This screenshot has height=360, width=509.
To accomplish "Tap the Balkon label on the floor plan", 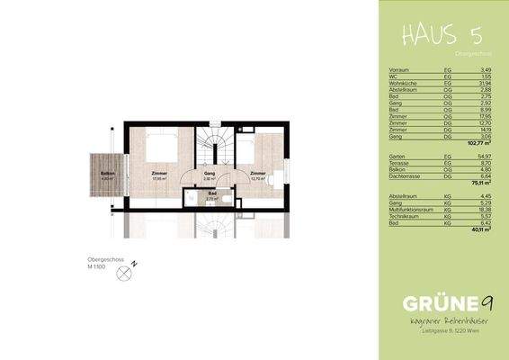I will tap(107, 174).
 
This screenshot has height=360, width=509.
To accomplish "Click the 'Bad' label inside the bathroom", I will tap(211, 192).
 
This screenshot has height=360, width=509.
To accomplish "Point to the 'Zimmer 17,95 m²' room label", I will tap(160, 175).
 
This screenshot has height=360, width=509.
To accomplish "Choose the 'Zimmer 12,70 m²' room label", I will tap(258, 174).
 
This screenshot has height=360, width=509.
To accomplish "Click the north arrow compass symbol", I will tap(124, 282).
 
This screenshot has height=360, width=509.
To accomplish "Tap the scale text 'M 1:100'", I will tap(99, 268).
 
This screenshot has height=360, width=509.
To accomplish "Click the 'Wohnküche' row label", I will tap(399, 82).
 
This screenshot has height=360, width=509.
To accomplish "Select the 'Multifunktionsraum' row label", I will tap(409, 210).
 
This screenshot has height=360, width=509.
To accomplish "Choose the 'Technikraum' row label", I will tap(401, 216).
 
